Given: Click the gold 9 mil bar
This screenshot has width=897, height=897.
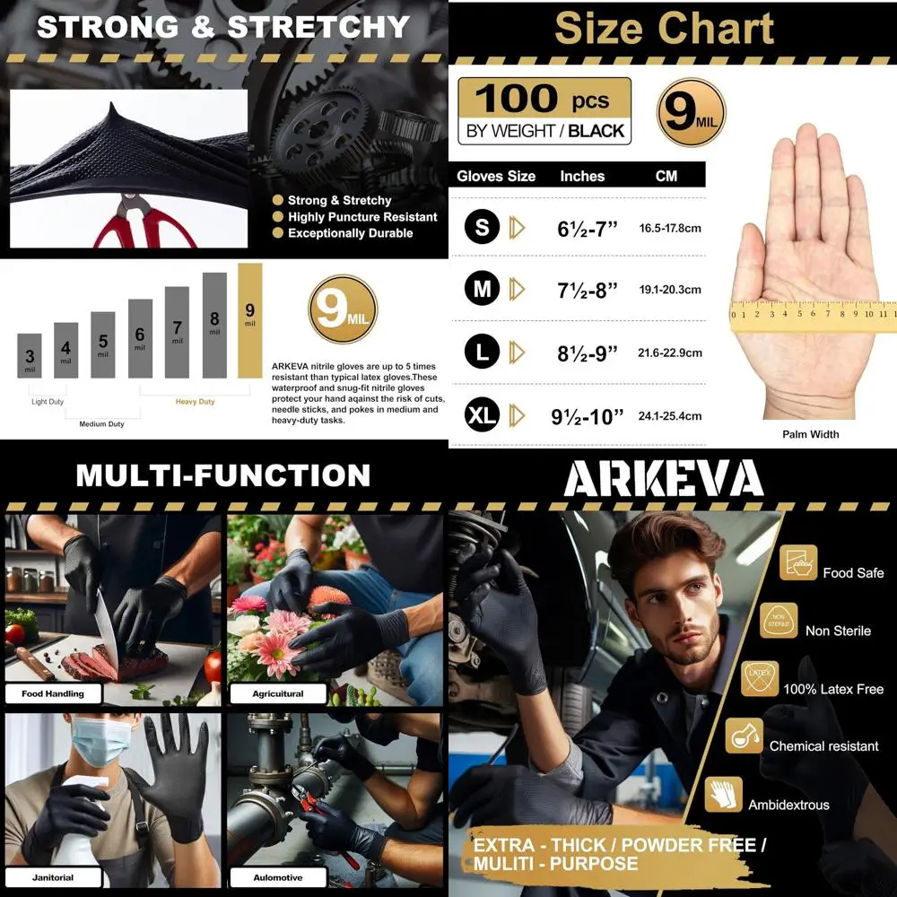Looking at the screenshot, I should point(250,319).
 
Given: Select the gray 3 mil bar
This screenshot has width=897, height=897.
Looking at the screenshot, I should point(30,355).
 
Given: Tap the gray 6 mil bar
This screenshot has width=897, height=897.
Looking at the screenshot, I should point(140,338).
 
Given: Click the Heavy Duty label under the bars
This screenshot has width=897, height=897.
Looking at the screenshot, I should point(195,402).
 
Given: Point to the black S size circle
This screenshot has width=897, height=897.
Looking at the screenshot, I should point(482,228).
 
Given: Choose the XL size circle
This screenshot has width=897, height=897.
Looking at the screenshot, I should point(482,415).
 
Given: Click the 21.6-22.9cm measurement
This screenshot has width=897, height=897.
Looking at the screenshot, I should point(669,353).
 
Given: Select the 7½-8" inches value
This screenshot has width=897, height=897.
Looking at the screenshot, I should point(588,290).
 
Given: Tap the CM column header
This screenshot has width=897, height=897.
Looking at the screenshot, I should point(666,176).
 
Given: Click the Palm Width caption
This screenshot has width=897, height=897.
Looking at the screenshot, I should point(810,435).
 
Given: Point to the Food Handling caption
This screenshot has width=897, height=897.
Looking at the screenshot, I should point(53,693).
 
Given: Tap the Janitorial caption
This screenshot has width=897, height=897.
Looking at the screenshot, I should point(53,877).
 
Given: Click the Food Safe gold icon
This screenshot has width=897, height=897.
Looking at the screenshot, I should point(798,563).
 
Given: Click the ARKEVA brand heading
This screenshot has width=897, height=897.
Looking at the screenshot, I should point(663,480).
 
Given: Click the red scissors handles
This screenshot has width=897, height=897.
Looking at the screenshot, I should point(144,230).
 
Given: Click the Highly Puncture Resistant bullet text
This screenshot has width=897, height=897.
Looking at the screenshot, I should point(361,217).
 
